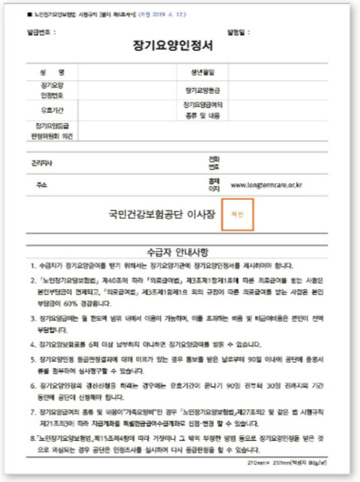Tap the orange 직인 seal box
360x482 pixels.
coord(239,215)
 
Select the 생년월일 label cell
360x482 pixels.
coord(195,72)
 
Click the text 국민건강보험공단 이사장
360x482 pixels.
coord(160,215)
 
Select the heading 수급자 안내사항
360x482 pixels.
coord(177,252)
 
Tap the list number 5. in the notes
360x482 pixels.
coord(33,359)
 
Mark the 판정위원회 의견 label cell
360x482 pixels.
coord(49,132)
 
